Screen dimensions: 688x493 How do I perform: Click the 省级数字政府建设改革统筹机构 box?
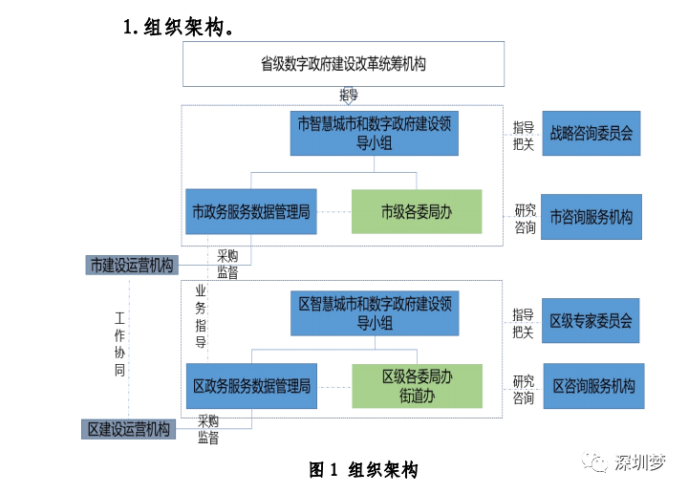343,64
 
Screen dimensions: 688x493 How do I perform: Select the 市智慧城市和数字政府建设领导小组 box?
375,134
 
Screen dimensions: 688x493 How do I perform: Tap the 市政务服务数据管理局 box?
251,212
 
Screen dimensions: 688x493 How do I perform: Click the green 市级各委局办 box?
417,212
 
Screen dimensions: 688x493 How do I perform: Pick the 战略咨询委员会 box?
591,134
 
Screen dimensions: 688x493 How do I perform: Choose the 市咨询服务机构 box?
591,217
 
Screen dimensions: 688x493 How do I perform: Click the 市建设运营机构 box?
132,266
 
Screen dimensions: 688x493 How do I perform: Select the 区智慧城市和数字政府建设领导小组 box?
375,313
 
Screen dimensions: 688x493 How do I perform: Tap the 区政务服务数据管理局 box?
251,386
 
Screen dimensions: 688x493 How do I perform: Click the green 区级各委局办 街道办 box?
418,386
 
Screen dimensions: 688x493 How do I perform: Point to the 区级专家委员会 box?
591,321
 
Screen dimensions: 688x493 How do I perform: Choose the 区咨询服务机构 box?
593,386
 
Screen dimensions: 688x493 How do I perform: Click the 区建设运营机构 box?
129,429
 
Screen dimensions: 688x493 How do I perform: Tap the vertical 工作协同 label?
119,344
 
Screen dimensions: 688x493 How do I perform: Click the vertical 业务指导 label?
201,316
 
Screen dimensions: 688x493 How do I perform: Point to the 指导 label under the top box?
349,95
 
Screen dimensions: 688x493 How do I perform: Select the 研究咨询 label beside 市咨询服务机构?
526,219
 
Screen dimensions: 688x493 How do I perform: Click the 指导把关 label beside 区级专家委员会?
523,323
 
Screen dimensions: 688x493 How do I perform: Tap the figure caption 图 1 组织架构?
363,470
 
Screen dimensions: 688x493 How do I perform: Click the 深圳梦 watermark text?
640,462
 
